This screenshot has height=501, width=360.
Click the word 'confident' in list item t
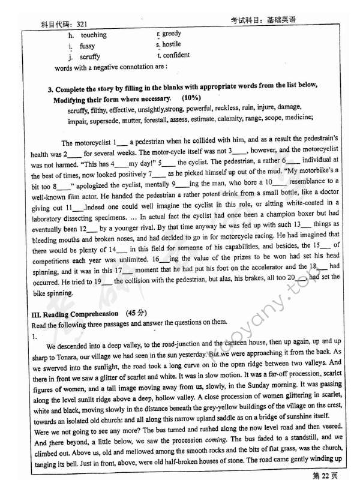176,55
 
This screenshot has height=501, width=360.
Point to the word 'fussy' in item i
88,46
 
